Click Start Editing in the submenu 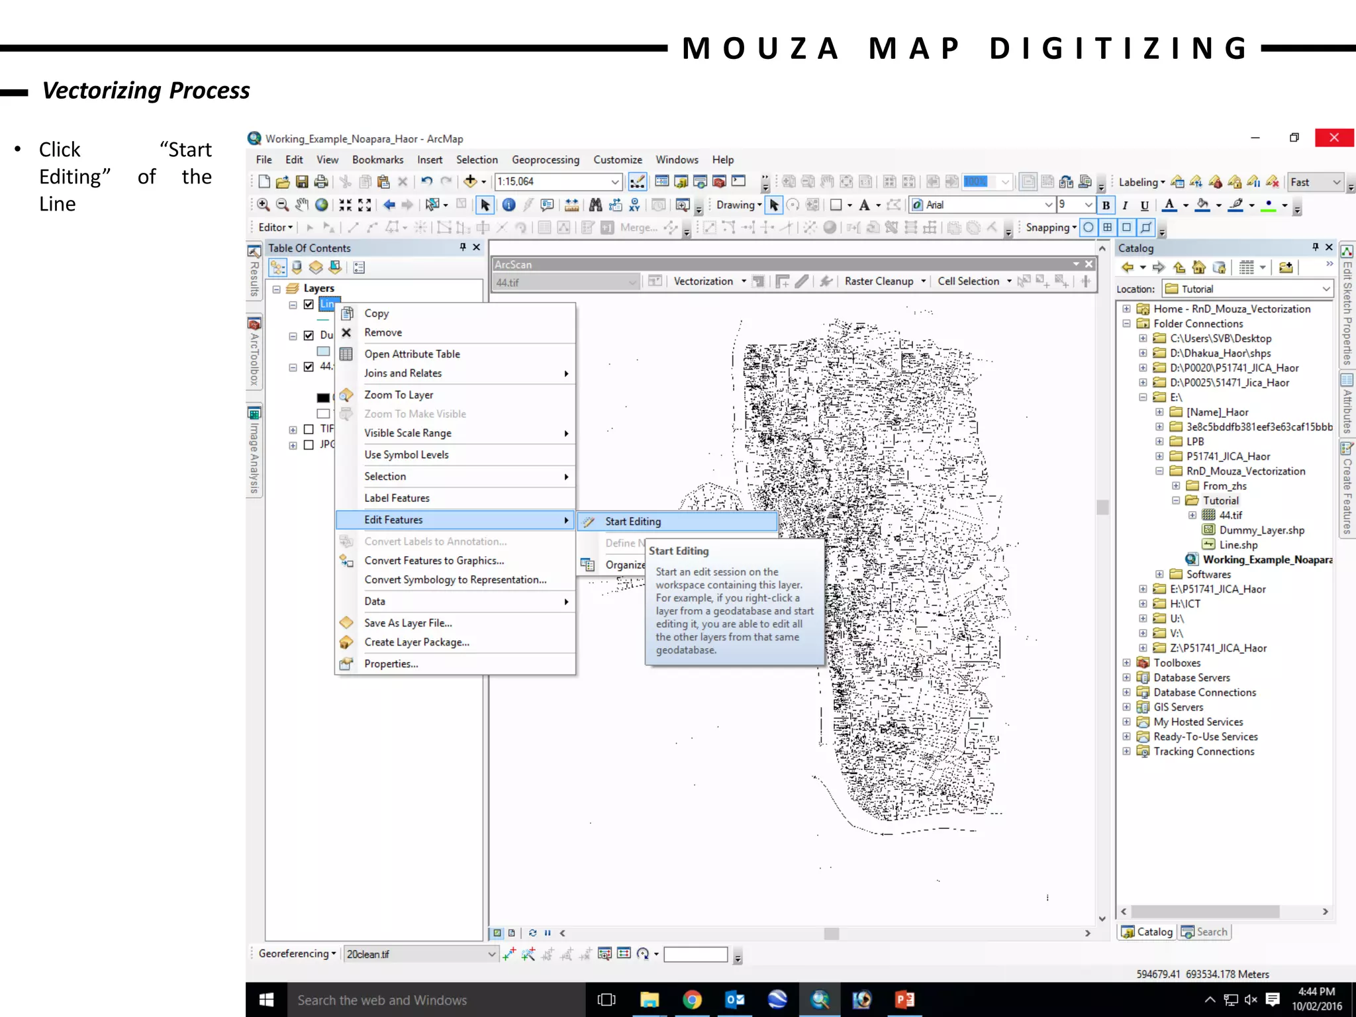tap(632, 522)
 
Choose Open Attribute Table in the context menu tap(412, 354)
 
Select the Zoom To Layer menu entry tap(399, 395)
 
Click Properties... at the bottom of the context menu tap(391, 664)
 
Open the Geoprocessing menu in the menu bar tap(545, 160)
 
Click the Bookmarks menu tap(377, 160)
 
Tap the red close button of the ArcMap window tap(1333, 138)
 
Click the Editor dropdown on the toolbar tap(275, 228)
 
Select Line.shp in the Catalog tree tap(1238, 545)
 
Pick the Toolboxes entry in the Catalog tap(1176, 663)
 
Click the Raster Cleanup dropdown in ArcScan tap(885, 281)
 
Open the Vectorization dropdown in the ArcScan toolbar tap(709, 281)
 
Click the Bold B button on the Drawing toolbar tap(1106, 205)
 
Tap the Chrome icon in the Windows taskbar tap(692, 999)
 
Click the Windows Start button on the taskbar tap(266, 1000)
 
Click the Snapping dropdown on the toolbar tap(1051, 228)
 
